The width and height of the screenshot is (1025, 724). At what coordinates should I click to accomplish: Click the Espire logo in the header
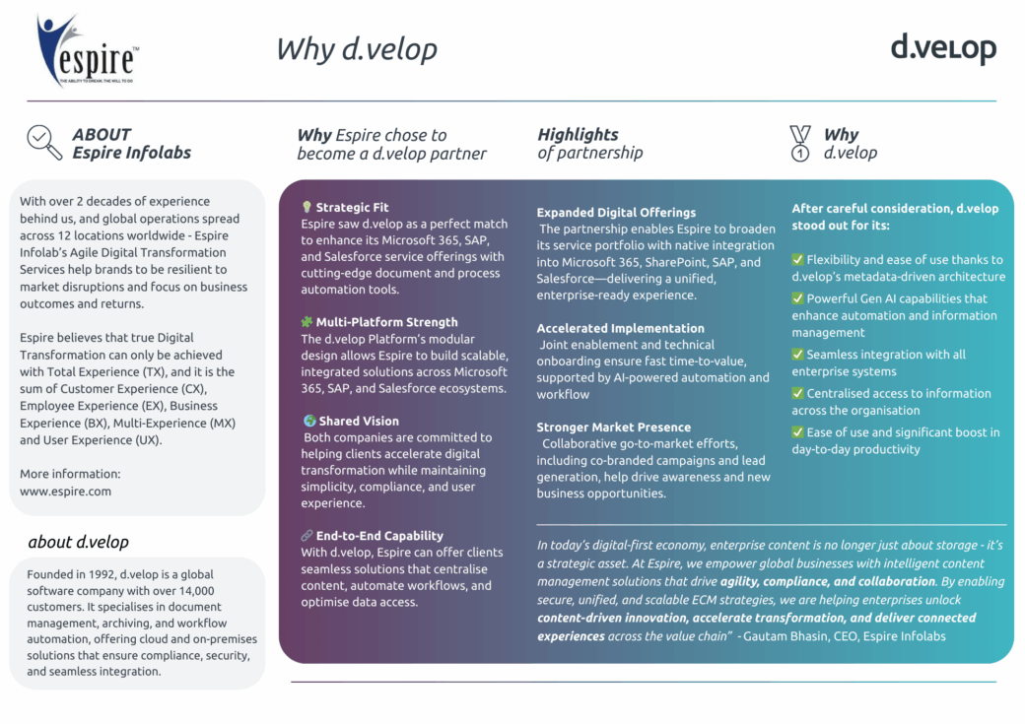pyautogui.click(x=87, y=50)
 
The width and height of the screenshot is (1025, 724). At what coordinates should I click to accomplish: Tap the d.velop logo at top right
pyautogui.click(x=943, y=48)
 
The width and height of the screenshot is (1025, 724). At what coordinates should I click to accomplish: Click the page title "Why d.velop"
pyautogui.click(x=356, y=49)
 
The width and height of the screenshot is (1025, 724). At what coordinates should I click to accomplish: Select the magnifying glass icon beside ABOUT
pyautogui.click(x=44, y=143)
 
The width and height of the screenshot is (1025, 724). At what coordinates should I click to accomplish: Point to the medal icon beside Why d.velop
pyautogui.click(x=800, y=143)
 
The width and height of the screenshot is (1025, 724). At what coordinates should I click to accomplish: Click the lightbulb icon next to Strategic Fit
pyautogui.click(x=307, y=207)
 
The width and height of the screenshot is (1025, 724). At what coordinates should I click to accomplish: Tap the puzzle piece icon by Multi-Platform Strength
pyautogui.click(x=307, y=321)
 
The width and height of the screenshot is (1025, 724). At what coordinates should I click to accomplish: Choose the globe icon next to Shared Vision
pyautogui.click(x=309, y=421)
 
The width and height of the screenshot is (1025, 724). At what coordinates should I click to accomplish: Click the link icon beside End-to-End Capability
pyautogui.click(x=307, y=535)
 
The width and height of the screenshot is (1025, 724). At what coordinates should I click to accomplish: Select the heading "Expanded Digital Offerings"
pyautogui.click(x=616, y=213)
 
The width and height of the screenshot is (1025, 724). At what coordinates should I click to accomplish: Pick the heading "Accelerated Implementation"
pyautogui.click(x=620, y=328)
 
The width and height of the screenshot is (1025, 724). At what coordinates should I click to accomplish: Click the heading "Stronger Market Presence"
pyautogui.click(x=613, y=427)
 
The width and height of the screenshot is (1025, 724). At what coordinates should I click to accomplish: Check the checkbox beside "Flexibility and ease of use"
pyautogui.click(x=797, y=259)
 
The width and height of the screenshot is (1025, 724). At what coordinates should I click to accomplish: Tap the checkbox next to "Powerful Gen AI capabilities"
pyautogui.click(x=797, y=297)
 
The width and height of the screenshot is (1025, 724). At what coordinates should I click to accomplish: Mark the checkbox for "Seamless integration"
pyautogui.click(x=797, y=355)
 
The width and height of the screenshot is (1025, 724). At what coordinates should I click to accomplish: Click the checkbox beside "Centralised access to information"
pyautogui.click(x=797, y=393)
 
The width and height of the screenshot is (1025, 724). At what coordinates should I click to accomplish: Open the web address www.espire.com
pyautogui.click(x=65, y=492)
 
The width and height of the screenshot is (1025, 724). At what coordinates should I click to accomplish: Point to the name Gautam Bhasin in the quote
pyautogui.click(x=782, y=635)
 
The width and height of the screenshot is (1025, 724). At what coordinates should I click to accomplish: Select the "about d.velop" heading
pyautogui.click(x=79, y=542)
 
